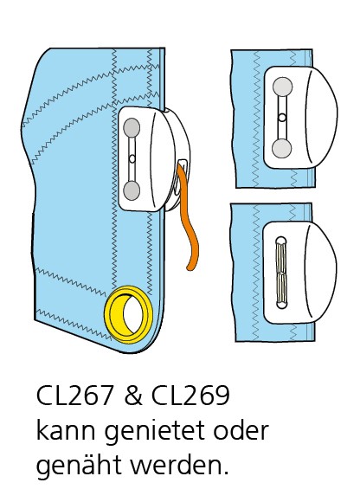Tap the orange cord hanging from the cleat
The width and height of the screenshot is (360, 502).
click(x=188, y=221)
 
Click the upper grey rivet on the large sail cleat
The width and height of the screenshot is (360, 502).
click(x=132, y=126)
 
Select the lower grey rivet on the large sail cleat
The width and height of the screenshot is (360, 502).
click(x=132, y=190)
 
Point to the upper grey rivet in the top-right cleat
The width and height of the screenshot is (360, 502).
click(x=282, y=87)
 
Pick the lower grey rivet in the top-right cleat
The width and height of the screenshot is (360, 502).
click(x=281, y=149)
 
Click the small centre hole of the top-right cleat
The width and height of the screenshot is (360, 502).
click(x=282, y=118)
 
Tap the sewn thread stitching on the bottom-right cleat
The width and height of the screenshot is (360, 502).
click(x=281, y=273)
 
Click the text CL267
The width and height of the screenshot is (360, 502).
click(x=74, y=395)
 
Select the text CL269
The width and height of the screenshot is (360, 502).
click(x=190, y=395)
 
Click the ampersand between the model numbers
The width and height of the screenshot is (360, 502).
click(x=132, y=395)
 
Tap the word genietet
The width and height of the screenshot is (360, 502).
click(x=154, y=432)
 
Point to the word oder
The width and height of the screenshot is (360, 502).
click(x=241, y=429)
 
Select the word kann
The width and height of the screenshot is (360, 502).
click(x=66, y=429)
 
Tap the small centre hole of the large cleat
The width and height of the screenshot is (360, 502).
click(x=132, y=158)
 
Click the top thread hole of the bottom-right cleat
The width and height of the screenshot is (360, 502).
click(x=281, y=241)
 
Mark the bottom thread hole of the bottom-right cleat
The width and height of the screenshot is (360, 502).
click(x=281, y=304)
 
